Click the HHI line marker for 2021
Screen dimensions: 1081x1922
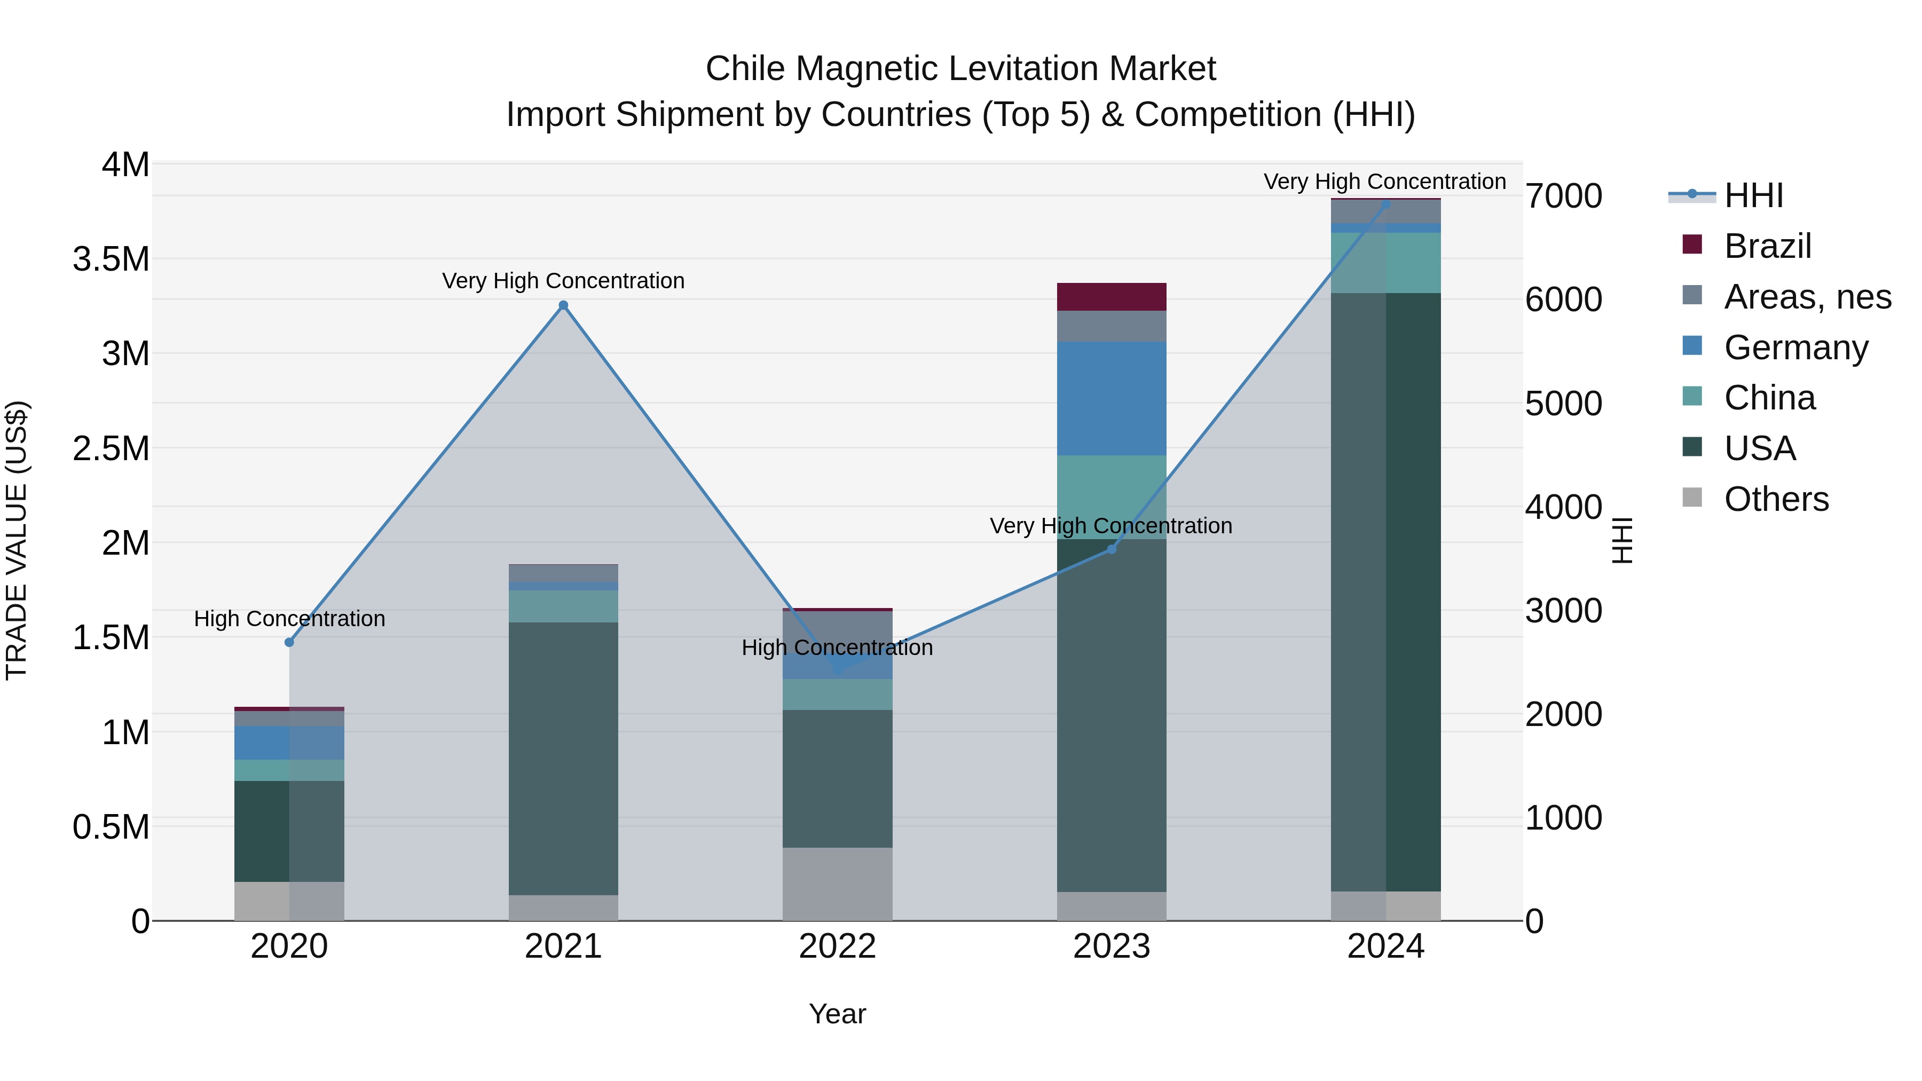pos(563,305)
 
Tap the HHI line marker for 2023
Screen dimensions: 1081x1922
pos(1111,549)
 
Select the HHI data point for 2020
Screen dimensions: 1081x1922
pos(289,642)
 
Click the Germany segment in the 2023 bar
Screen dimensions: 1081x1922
pos(1111,398)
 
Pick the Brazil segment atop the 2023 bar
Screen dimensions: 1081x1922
pos(1111,297)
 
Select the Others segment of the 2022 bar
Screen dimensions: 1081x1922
pos(837,883)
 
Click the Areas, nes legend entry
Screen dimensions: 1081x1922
pos(1806,297)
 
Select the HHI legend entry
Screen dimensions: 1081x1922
pos(1753,195)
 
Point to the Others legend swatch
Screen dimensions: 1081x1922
pos(1692,498)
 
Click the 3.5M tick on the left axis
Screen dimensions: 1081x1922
pos(111,259)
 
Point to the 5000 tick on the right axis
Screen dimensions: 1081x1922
pos(1563,404)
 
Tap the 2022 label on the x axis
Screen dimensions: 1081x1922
pos(837,946)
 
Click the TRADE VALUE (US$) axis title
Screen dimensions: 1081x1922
pos(17,540)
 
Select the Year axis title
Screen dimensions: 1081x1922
pos(837,1014)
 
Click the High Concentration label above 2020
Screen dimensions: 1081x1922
pos(289,619)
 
